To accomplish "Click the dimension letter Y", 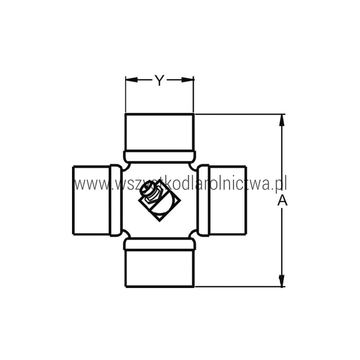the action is point(159,80).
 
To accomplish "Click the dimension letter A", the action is point(282,201).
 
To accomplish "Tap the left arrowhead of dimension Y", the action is point(131,80).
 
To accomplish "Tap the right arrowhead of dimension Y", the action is point(188,80).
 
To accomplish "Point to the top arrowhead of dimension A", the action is point(282,120).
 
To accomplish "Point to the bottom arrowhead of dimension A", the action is point(282,280).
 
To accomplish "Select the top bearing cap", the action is point(159,132).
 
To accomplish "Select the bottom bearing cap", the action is point(159,269).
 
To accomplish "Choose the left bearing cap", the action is point(91,200).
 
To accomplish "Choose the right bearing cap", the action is point(228,200).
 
